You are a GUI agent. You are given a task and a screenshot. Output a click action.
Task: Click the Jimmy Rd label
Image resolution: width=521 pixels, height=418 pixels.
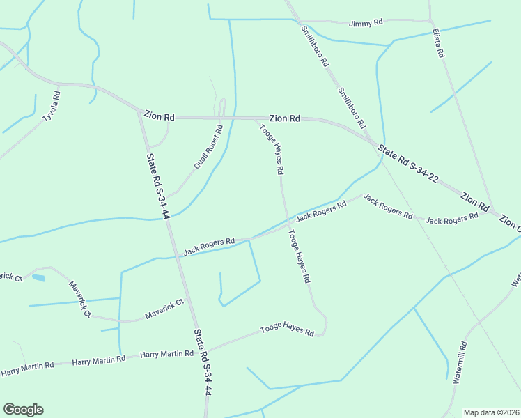coord(366,23)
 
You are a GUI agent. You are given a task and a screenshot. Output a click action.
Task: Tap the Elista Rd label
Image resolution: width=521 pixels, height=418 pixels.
coord(437,43)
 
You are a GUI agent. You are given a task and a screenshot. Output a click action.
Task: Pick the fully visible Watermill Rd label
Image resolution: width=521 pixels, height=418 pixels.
coord(461,363)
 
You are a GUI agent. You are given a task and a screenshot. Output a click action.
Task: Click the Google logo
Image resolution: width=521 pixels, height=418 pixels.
coord(23,410)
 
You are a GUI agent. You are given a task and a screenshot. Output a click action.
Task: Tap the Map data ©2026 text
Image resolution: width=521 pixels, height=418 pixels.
coord(491,412)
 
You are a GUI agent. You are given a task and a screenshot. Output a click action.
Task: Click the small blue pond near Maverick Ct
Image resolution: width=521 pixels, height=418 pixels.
coord(38,277)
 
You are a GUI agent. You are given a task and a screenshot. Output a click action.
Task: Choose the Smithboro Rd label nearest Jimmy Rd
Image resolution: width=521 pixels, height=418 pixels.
coord(314,46)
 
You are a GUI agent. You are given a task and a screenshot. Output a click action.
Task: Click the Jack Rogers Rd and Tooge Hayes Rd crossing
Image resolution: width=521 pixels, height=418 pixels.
coord(286,226)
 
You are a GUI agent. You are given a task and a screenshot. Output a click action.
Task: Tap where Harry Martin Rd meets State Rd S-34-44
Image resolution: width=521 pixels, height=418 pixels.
coord(196,352)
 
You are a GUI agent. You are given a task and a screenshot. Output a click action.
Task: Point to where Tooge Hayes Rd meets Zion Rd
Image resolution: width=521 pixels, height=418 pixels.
coord(255,118)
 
